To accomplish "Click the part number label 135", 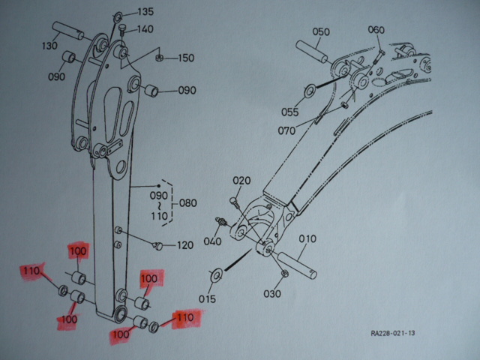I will [x=145, y=12].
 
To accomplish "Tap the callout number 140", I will [x=145, y=30].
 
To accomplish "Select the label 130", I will [x=50, y=46].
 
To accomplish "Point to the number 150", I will [x=184, y=58].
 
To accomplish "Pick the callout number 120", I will [x=185, y=245].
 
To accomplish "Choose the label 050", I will [x=321, y=31].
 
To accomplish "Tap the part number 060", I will [x=376, y=30].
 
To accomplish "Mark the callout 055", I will [x=290, y=112].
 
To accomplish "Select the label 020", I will [x=241, y=181].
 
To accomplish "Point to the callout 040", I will [x=212, y=241].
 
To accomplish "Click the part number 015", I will [x=207, y=298].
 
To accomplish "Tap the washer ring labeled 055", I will [x=309, y=92].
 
